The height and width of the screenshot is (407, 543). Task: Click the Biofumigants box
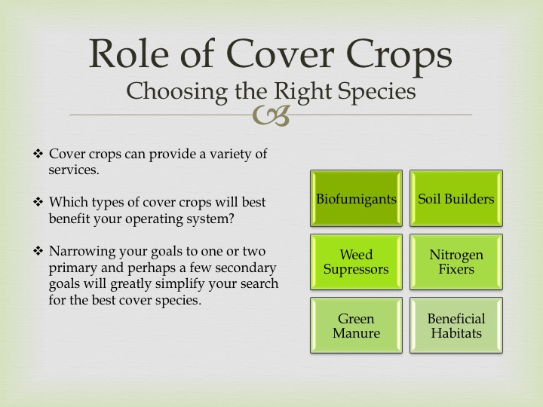coord(356,198)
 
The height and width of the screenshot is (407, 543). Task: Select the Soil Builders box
coord(456,198)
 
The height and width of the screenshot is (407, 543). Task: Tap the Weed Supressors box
coord(356,262)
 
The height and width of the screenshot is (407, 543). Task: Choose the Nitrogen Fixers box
coord(456,262)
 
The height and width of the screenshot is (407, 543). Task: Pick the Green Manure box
coord(356,326)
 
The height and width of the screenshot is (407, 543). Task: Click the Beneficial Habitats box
coord(456,326)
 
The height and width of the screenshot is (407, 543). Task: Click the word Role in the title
coord(129,54)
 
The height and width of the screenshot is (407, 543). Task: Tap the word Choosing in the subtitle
coord(176,92)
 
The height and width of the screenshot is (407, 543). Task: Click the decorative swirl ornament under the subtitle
coord(271,115)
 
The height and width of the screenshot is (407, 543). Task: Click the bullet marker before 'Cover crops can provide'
coord(38,153)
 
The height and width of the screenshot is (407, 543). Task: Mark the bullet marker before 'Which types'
coord(38,201)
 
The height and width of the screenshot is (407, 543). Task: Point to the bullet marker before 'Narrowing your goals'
coord(38,250)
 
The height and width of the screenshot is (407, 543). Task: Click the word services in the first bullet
coord(74,170)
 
